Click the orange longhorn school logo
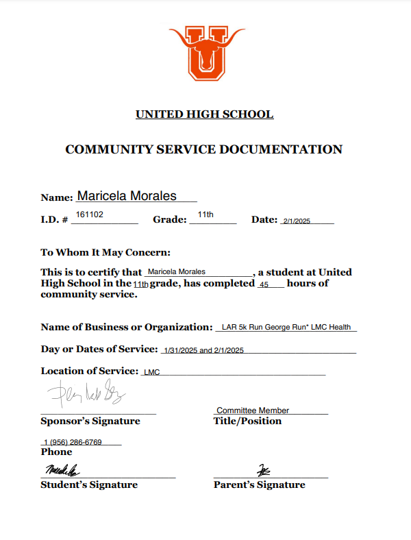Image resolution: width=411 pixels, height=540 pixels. click(x=206, y=53)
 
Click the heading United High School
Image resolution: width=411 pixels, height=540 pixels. click(x=205, y=114)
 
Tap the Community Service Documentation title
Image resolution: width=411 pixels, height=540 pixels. click(x=203, y=149)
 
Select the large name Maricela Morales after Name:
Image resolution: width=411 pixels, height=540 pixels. click(x=127, y=196)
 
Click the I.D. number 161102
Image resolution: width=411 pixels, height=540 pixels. click(x=89, y=214)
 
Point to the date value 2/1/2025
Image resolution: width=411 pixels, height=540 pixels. click(x=297, y=221)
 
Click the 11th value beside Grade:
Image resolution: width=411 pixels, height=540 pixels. click(x=206, y=215)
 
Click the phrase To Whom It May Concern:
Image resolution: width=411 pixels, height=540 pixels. click(x=105, y=252)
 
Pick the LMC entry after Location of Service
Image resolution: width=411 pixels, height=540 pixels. click(x=149, y=373)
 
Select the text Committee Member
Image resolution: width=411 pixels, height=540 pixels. click(x=253, y=410)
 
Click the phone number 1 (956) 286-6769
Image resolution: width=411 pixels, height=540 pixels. click(x=73, y=442)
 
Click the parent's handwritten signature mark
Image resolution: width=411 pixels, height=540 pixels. click(x=264, y=471)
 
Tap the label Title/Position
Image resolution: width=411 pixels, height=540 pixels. click(x=247, y=421)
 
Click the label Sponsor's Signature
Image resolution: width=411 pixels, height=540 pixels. click(x=90, y=421)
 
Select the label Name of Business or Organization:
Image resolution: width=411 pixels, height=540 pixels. click(x=127, y=328)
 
